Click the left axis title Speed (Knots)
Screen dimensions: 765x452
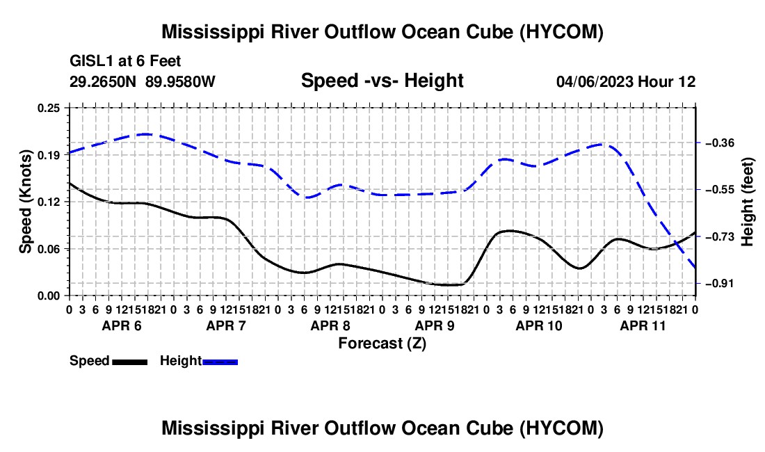[x=25, y=202]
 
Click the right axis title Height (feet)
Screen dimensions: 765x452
[x=747, y=202]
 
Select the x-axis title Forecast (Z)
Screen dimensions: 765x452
[x=382, y=344]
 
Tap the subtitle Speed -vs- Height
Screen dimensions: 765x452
[x=382, y=81]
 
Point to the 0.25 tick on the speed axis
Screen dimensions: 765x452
[x=49, y=108]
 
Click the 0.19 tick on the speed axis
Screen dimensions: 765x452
[x=49, y=155]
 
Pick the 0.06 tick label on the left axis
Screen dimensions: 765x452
[x=49, y=249]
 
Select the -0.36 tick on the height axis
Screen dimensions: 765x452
[x=719, y=143]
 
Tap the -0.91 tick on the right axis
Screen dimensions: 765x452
[x=719, y=283]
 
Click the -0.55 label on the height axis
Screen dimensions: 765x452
[x=719, y=190]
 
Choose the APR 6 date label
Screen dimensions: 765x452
[x=122, y=325]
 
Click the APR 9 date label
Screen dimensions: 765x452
[x=435, y=325]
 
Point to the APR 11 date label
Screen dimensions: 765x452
[x=643, y=325]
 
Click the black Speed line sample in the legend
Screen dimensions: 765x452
[x=130, y=362]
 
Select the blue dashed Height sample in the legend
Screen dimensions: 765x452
[x=220, y=362]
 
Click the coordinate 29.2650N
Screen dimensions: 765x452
[x=103, y=81]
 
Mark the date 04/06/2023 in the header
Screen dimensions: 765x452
[x=595, y=81]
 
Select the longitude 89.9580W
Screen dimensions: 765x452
[x=180, y=81]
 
